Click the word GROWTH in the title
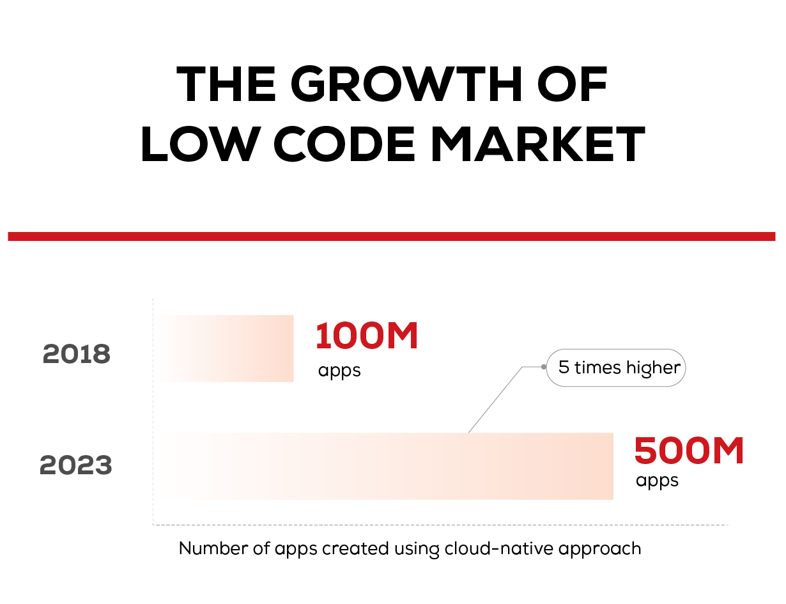coord(406,84)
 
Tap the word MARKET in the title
coord(538,144)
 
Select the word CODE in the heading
coord(344,144)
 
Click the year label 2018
coord(76,353)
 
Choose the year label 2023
coord(75,465)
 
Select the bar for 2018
coord(226,348)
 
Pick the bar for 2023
coord(385,466)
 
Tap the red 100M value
coord(367,336)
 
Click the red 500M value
coord(689,451)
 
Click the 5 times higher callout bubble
coord(615,368)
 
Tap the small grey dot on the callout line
coord(544,367)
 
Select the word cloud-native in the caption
coord(499,548)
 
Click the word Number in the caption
coord(213,548)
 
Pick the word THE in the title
coord(226,84)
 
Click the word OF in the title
coord(573,84)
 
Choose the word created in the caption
coord(355,548)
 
